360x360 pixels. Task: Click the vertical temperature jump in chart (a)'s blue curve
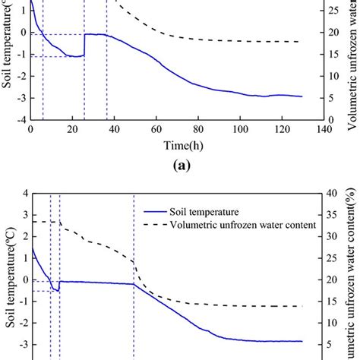click(84, 45)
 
